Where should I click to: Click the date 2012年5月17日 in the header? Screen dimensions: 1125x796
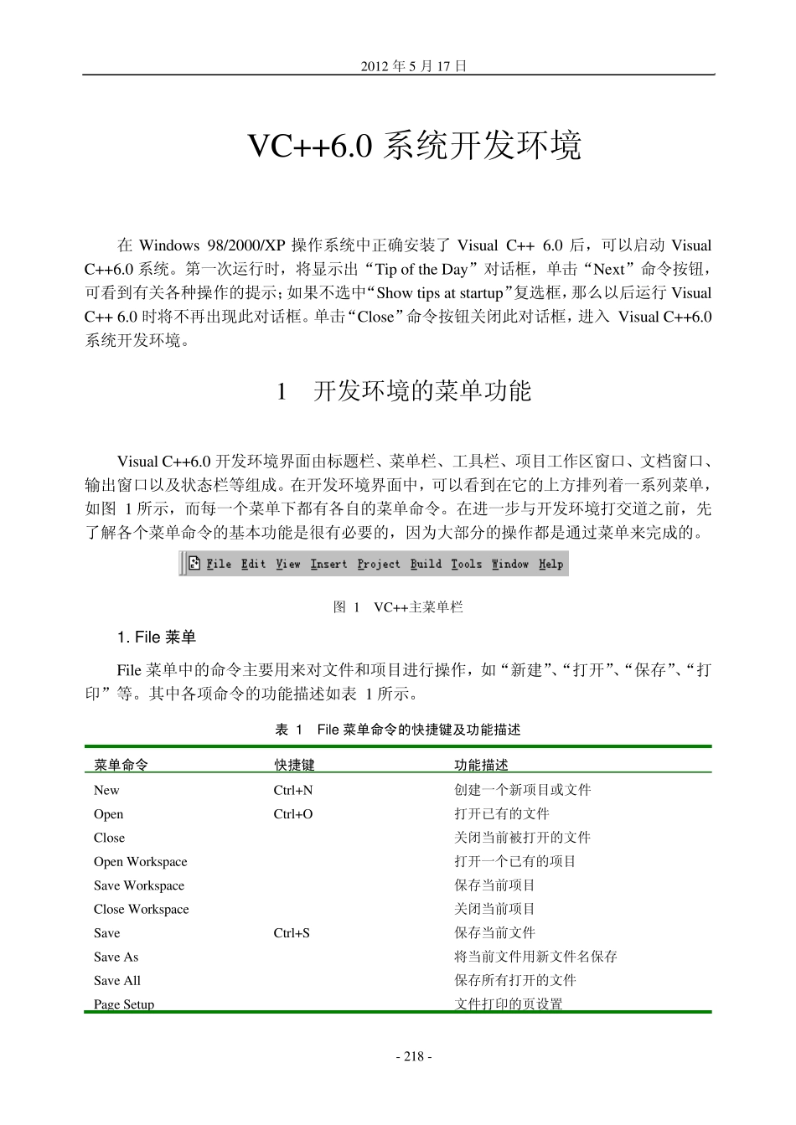click(x=413, y=66)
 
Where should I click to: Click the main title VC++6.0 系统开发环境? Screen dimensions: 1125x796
click(x=415, y=146)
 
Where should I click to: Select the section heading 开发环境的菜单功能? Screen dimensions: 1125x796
click(x=421, y=391)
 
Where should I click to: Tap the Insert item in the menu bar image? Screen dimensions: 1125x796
click(x=328, y=565)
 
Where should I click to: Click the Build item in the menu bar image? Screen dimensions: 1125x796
click(x=426, y=565)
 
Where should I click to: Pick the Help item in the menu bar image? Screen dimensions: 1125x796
click(x=550, y=565)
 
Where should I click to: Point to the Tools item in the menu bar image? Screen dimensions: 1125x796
click(x=466, y=565)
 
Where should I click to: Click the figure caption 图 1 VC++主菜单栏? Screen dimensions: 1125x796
click(x=398, y=607)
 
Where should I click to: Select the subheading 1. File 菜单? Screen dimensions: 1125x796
click(x=157, y=638)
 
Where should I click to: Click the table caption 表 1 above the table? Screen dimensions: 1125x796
click(x=398, y=730)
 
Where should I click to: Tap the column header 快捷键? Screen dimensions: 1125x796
click(x=294, y=765)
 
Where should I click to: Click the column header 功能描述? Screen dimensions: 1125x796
click(x=481, y=765)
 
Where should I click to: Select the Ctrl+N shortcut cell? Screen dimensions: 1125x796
click(x=293, y=790)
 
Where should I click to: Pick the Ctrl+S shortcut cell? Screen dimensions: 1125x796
click(x=292, y=933)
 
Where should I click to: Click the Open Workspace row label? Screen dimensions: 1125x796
click(x=141, y=862)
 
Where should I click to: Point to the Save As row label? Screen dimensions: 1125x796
click(x=116, y=957)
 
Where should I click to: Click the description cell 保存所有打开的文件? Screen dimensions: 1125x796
click(x=515, y=980)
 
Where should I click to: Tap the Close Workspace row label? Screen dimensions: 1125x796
click(x=142, y=910)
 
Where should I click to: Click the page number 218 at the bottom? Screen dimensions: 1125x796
click(x=413, y=1057)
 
